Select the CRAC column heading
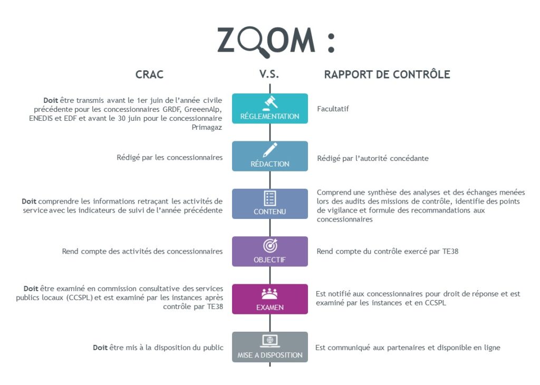coord(149,74)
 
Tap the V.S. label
coord(269,74)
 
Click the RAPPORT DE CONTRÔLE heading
coord(387,74)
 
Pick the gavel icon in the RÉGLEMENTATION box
coord(271,102)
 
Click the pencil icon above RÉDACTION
coord(270,150)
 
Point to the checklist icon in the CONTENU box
coord(269,198)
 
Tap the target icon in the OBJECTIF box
coord(271,246)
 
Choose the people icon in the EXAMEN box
coord(269,293)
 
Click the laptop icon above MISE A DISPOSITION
coord(270,341)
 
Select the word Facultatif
coord(333,109)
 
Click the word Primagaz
coord(207,128)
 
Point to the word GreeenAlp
coord(203,110)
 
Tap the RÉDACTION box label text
coord(270,164)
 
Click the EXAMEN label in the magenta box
coord(270,307)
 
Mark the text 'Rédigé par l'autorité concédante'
coord(373,158)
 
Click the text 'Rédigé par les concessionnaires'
coord(169,158)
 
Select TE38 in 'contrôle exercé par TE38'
coord(450,252)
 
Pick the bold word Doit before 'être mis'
coord(100,348)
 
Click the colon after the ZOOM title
coord(331,43)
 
